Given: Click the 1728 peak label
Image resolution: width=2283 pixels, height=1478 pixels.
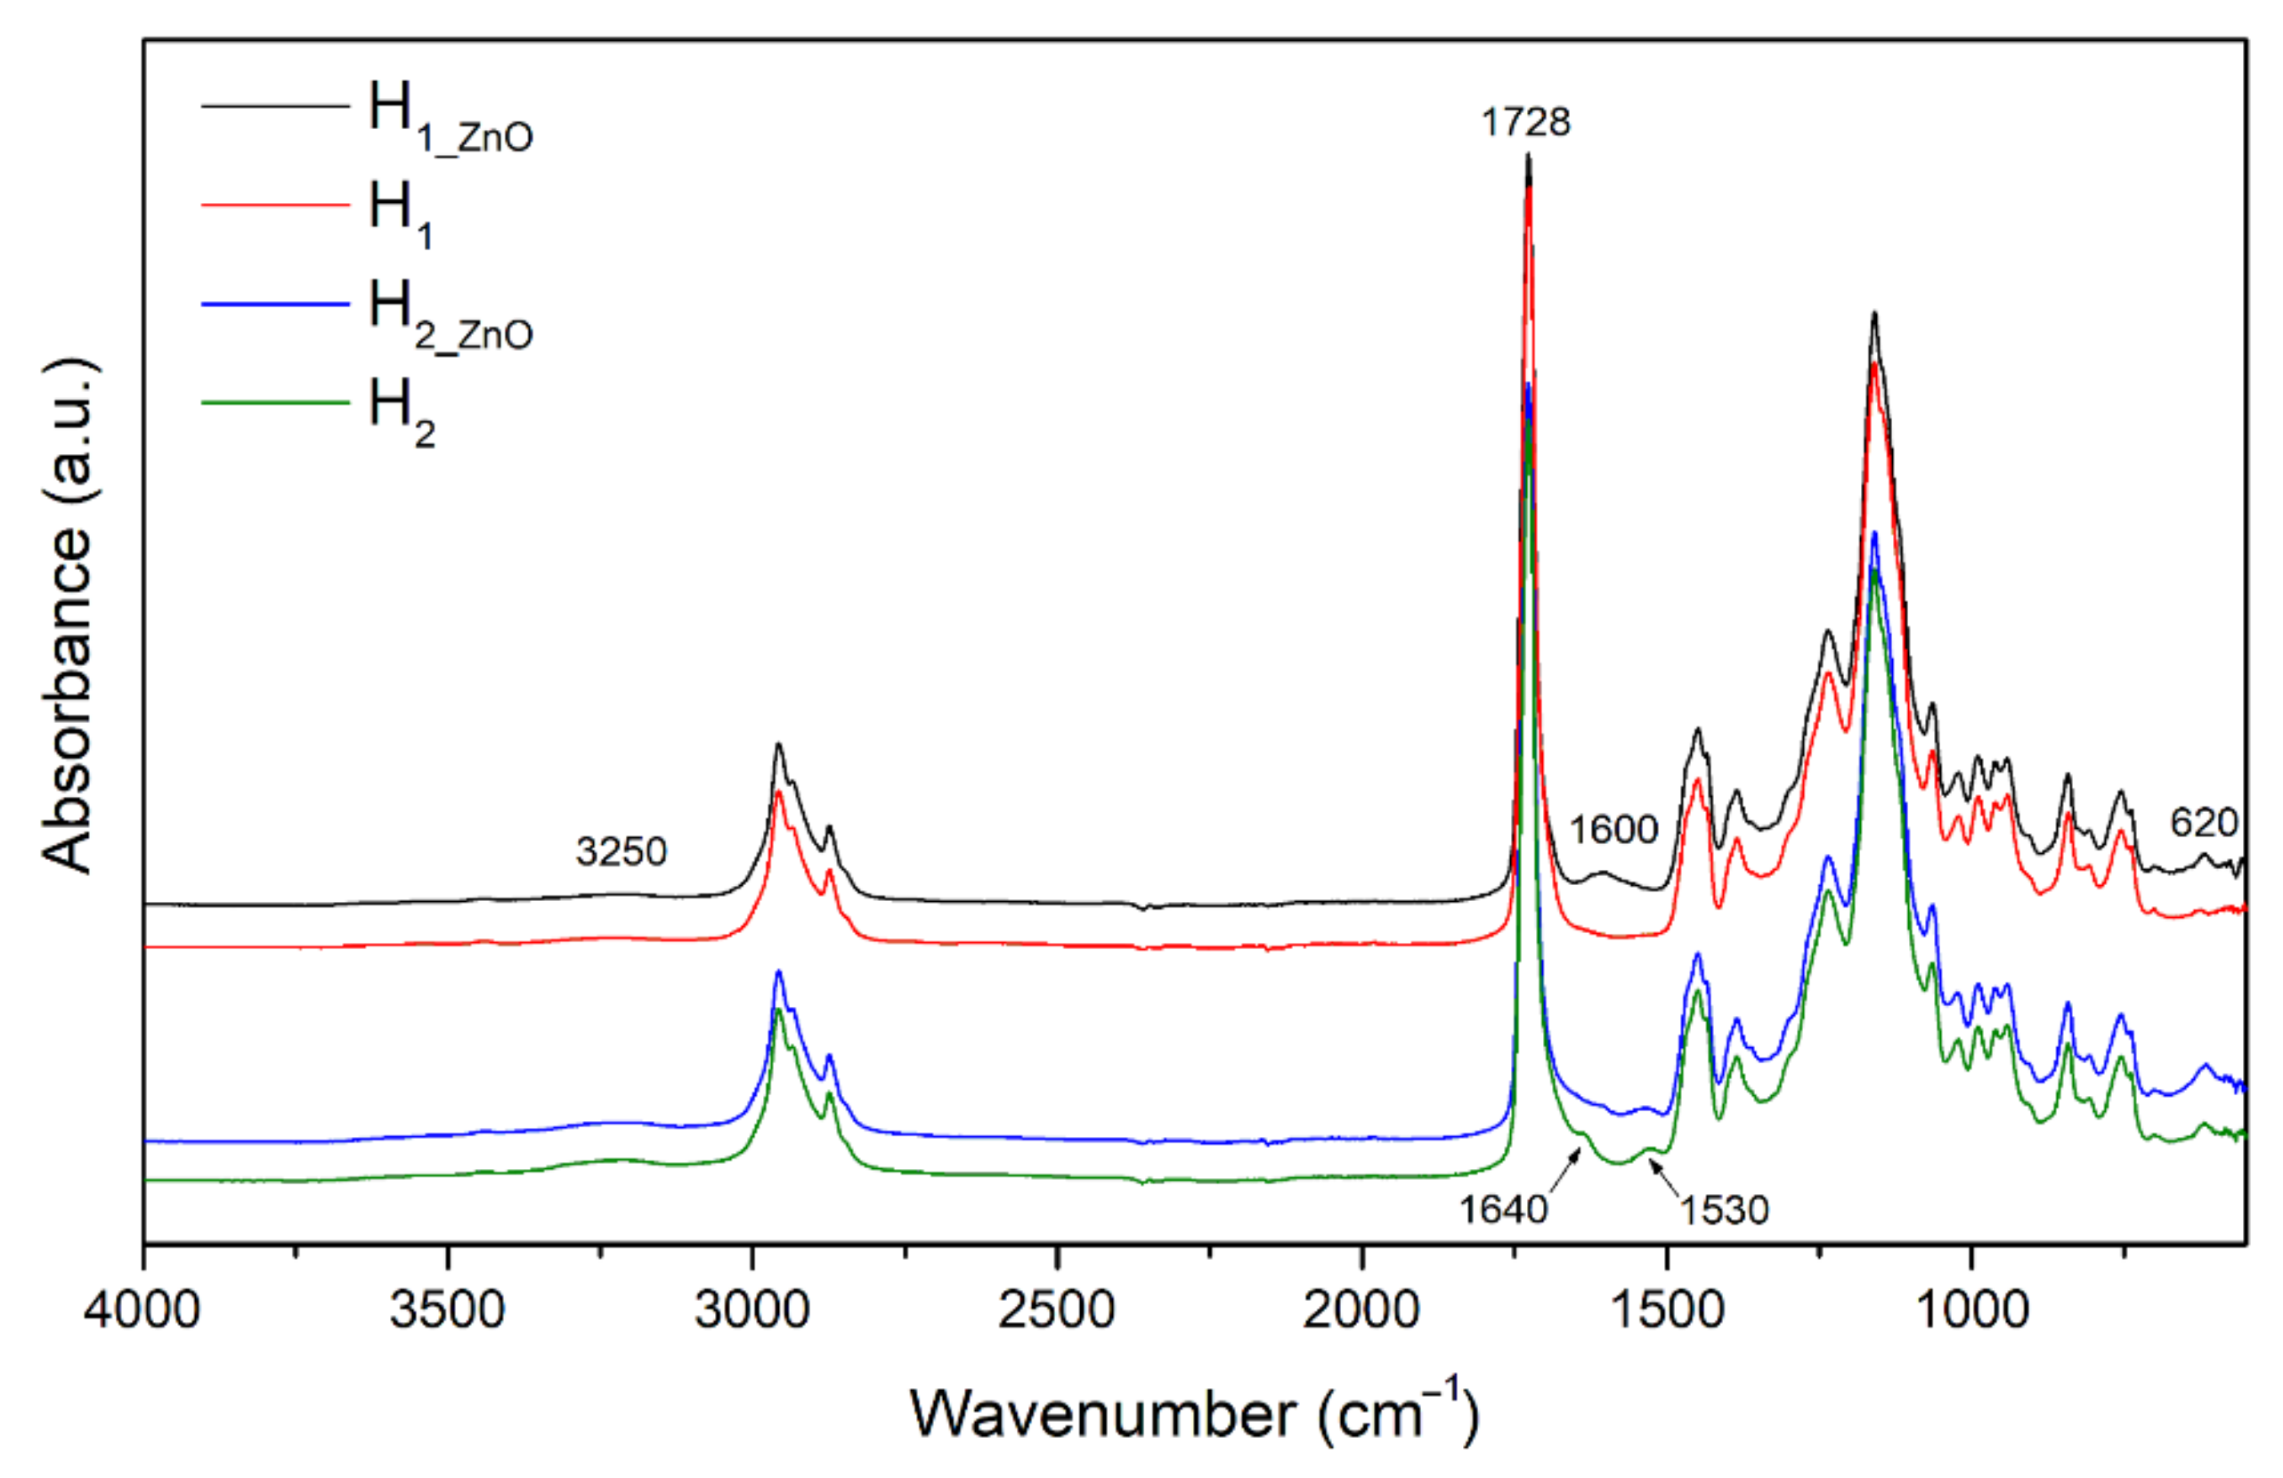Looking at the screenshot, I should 1525,123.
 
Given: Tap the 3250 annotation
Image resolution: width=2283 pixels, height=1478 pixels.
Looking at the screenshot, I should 621,850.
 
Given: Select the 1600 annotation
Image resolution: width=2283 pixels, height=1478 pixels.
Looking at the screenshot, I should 1613,829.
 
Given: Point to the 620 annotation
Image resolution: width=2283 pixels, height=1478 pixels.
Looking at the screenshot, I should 2205,822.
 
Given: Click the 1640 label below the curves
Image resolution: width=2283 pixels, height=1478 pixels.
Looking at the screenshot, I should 1503,1209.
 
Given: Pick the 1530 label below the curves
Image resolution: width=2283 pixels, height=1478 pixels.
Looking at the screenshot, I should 1724,1210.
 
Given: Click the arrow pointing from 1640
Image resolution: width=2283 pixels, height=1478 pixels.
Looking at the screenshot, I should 1564,1171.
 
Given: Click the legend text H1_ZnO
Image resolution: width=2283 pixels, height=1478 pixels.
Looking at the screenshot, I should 449,115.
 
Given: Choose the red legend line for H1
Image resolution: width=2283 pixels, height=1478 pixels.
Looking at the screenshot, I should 275,204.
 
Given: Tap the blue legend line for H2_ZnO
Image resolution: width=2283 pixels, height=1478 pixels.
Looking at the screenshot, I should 275,304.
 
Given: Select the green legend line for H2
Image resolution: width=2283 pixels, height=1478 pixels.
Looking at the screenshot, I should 275,402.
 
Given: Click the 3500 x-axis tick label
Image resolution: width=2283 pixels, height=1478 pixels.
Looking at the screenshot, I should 447,1309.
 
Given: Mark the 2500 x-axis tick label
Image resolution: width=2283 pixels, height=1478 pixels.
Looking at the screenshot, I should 1056,1309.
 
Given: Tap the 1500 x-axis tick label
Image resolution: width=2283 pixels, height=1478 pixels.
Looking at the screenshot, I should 1666,1309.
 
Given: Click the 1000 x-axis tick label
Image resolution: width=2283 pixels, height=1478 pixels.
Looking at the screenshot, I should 1971,1309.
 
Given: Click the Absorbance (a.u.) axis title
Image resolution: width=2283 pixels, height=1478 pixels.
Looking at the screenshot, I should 67,613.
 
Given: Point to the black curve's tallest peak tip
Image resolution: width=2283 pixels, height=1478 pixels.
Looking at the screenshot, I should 1528,157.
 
